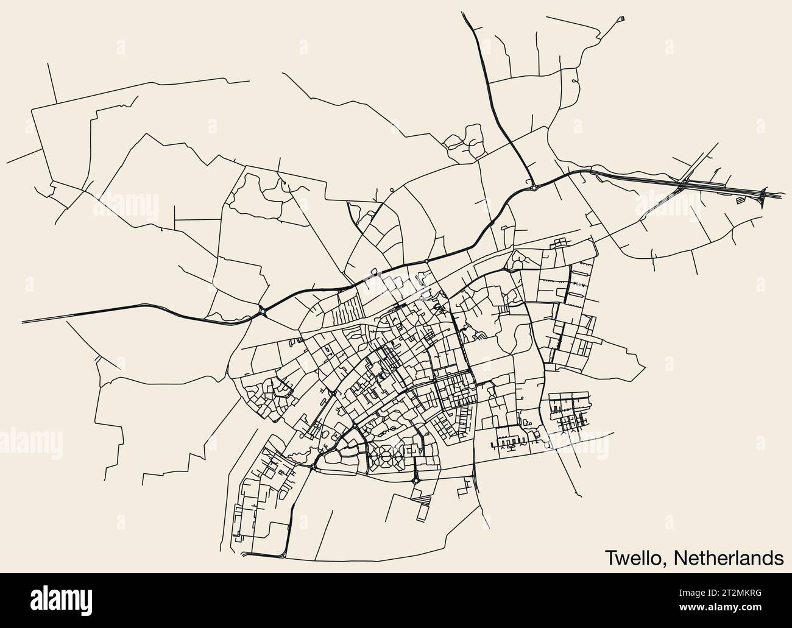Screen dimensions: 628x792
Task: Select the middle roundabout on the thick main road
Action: point(426,261)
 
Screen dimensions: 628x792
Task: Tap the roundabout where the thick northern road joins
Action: point(534,188)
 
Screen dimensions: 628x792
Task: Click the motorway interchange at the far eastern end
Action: point(762,195)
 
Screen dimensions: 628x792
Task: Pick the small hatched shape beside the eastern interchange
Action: point(740,199)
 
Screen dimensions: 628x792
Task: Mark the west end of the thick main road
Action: point(23,321)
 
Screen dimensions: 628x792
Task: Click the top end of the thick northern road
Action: point(464,13)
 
